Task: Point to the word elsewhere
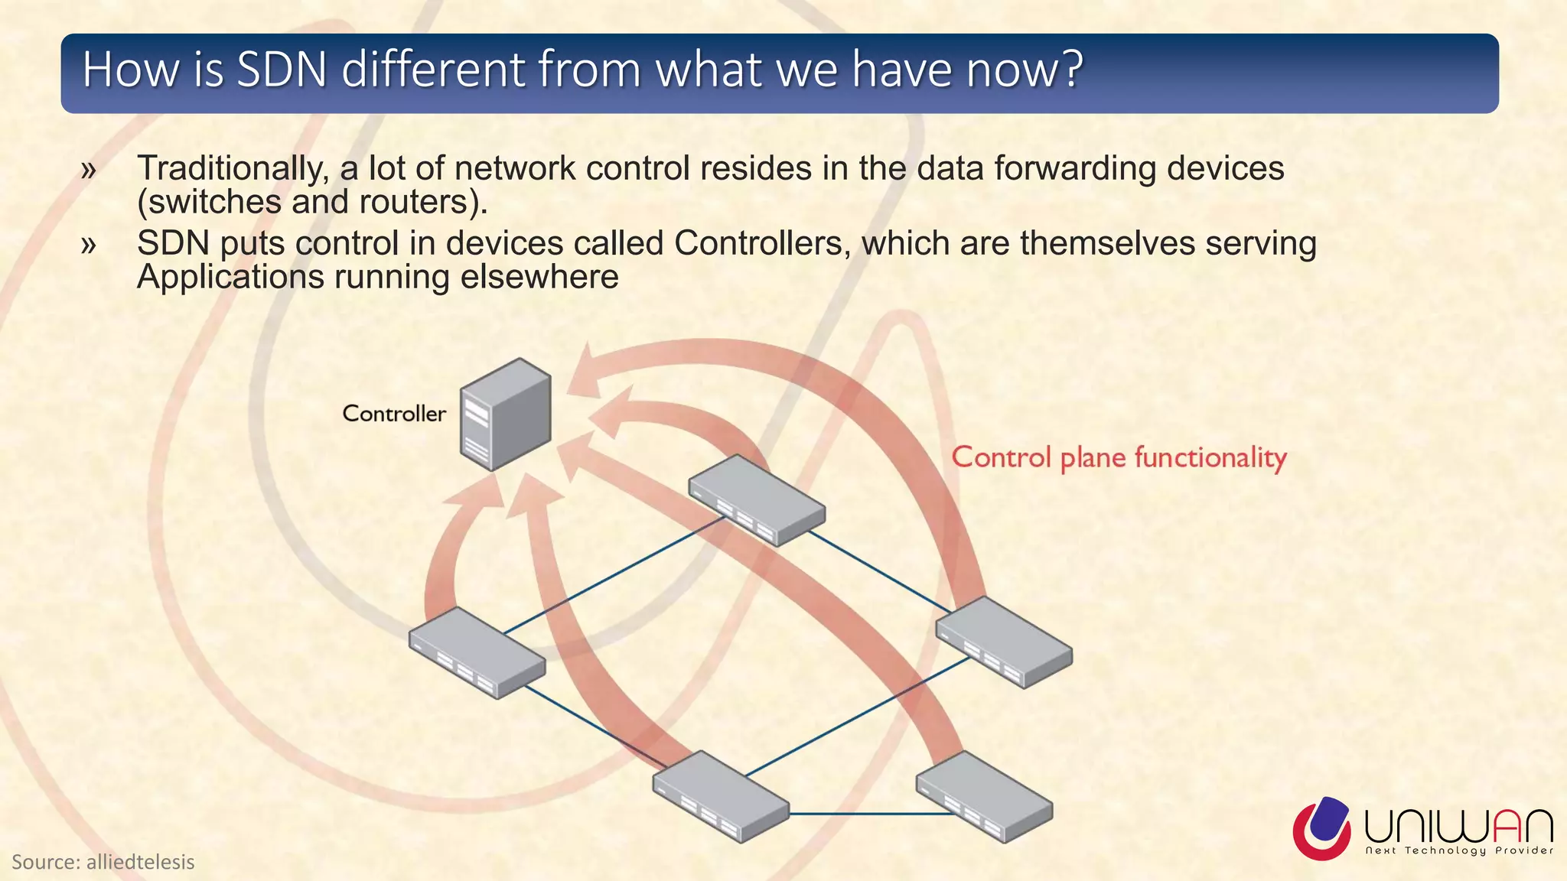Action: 539,277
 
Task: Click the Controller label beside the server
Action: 393,414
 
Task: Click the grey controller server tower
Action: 505,414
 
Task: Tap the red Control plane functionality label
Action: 1119,457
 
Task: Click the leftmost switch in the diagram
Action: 477,652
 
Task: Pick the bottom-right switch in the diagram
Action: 984,796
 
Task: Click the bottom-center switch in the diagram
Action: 720,796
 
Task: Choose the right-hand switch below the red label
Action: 1003,642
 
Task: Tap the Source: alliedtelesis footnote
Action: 103,863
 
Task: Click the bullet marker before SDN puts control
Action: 89,245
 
